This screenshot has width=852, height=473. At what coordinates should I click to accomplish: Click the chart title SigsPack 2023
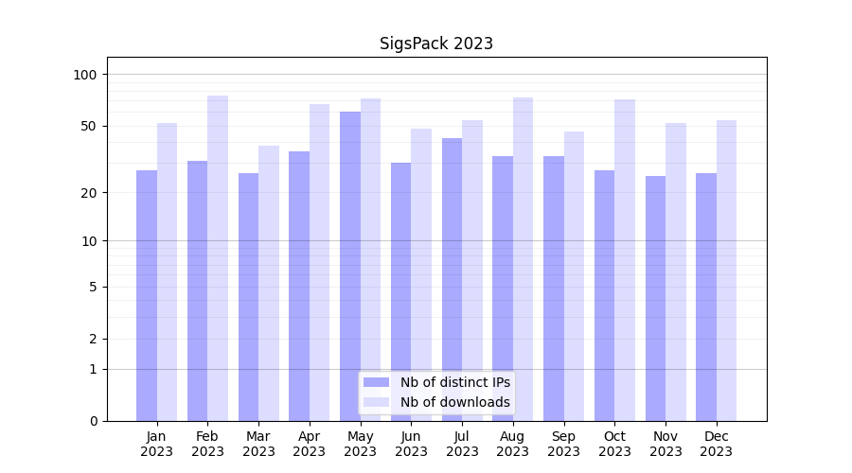point(435,44)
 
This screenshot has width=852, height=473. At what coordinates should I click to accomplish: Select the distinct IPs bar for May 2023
point(350,265)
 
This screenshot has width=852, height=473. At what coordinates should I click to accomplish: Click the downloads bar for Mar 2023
point(269,283)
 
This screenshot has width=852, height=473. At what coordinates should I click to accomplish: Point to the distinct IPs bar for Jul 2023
point(452,279)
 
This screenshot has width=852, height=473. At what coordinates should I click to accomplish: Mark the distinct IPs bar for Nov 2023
point(655,298)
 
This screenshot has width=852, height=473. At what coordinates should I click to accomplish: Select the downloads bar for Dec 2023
point(726,270)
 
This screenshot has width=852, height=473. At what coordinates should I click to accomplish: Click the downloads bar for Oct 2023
point(625,259)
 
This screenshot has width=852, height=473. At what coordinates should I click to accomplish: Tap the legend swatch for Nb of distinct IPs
point(376,382)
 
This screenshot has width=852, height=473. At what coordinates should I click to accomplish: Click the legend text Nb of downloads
point(454,402)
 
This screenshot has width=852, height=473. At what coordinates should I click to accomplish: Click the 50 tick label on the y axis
point(89,126)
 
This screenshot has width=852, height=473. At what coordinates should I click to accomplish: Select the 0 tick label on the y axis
point(93,421)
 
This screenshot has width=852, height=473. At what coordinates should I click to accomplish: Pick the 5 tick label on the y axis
point(93,287)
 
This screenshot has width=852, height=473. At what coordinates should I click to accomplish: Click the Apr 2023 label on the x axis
point(310,444)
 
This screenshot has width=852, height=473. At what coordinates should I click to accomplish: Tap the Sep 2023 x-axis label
point(563,444)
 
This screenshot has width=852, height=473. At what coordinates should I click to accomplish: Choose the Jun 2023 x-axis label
point(411,444)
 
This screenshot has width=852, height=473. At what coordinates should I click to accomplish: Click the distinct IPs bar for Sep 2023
point(554,289)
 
